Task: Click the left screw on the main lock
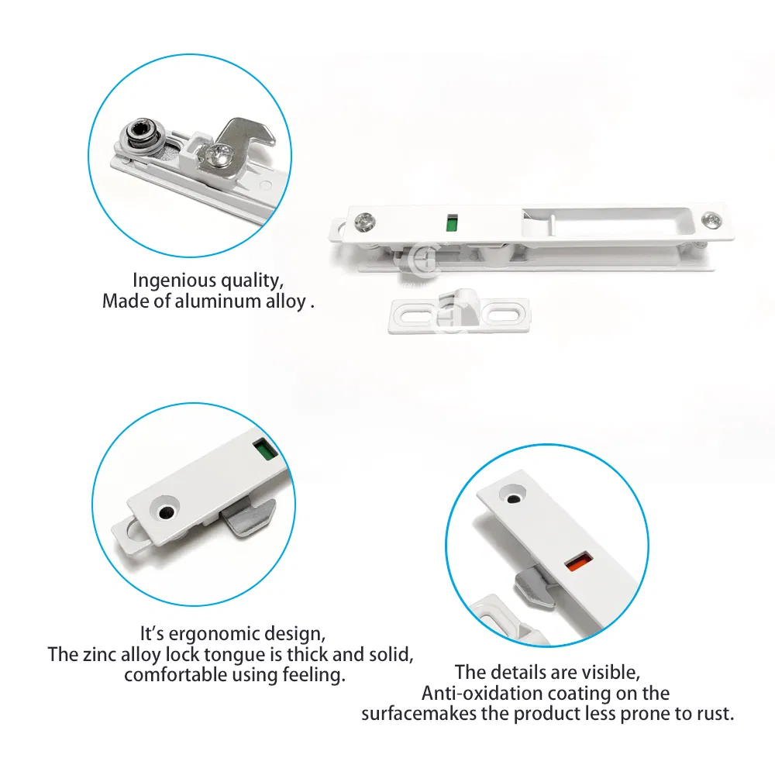coord(363,223)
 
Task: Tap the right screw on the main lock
coord(711,220)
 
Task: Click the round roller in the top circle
coord(140,136)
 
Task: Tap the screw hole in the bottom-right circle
coord(512,492)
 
